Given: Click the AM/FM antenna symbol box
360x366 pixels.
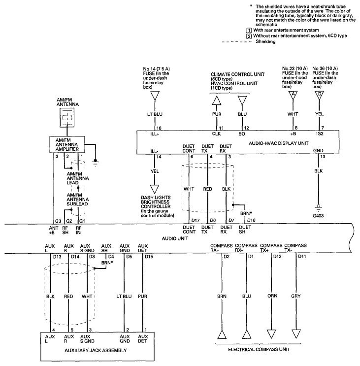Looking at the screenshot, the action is pyautogui.click(x=67, y=117).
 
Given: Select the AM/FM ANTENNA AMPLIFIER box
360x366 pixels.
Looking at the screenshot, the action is pyautogui.click(x=67, y=144).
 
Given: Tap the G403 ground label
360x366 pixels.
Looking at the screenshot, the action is pyautogui.click(x=318, y=216).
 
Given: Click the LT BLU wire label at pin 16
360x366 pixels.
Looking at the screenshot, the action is pyautogui.click(x=155, y=114).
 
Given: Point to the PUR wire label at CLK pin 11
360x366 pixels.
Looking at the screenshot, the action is pyautogui.click(x=217, y=114).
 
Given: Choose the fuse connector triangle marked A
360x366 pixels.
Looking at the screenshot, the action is pyautogui.click(x=293, y=95).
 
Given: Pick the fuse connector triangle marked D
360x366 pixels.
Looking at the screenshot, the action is pyautogui.click(x=319, y=95).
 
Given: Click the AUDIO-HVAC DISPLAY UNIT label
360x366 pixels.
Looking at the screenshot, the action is pyautogui.click(x=279, y=143).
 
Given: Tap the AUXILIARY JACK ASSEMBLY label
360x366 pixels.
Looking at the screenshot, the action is pyautogui.click(x=96, y=350).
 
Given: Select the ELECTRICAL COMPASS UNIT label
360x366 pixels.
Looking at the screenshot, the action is pyautogui.click(x=259, y=349).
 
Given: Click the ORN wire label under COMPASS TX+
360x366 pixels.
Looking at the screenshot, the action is pyautogui.click(x=272, y=296).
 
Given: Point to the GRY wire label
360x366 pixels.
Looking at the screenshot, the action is pyautogui.click(x=296, y=296).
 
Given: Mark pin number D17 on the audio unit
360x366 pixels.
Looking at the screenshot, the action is pyautogui.click(x=196, y=220).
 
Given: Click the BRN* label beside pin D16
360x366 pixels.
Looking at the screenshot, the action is pyautogui.click(x=246, y=213).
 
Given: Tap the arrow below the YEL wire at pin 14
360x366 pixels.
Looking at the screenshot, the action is pyautogui.click(x=155, y=189).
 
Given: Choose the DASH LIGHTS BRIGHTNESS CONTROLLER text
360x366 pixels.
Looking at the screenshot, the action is pyautogui.click(x=156, y=202).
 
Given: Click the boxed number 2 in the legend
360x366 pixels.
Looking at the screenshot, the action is pyautogui.click(x=249, y=36).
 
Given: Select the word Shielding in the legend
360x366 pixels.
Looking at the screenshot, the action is pyautogui.click(x=265, y=41).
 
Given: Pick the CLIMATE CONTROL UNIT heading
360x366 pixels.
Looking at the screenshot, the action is pyautogui.click(x=237, y=74).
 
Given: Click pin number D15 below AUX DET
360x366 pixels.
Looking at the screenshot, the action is pyautogui.click(x=149, y=257).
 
